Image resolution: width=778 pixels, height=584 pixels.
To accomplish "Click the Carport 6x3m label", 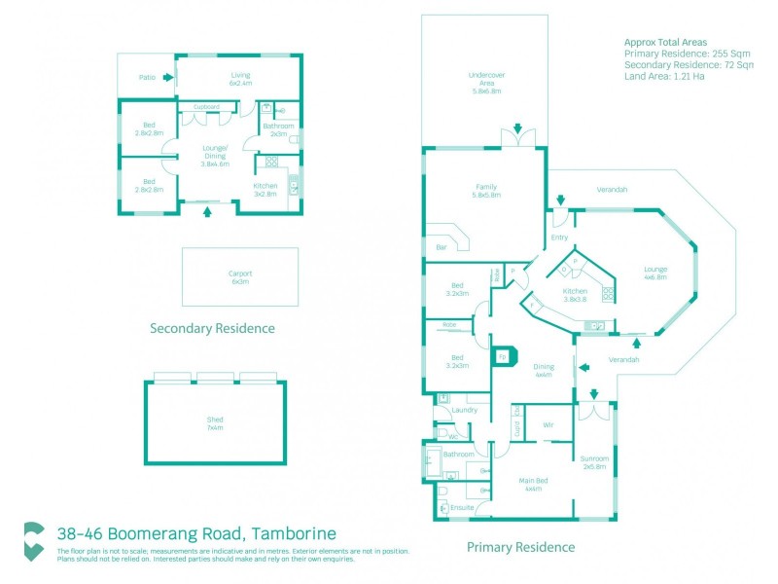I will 240,278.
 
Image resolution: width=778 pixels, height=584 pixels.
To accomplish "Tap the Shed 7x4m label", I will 214,423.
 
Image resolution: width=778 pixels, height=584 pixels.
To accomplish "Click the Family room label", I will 485,191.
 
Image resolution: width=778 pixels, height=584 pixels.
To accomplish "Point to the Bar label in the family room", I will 441,248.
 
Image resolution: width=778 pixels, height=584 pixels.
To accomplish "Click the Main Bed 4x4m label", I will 533,485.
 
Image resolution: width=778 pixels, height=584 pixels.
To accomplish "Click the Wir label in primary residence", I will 548,425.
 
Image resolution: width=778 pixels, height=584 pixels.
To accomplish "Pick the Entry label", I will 559,237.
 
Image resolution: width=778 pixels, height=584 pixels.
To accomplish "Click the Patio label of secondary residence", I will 147,76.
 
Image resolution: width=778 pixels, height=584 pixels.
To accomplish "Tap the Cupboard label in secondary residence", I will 205,107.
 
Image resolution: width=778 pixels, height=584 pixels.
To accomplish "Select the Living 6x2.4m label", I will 240,79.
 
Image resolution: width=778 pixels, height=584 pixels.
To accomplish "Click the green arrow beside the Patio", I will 168,76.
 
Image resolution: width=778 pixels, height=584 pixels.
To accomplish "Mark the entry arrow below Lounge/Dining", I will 206,211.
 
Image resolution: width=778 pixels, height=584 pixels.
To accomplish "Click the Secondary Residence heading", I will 212,328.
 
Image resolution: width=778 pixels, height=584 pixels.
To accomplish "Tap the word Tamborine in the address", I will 295,533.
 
